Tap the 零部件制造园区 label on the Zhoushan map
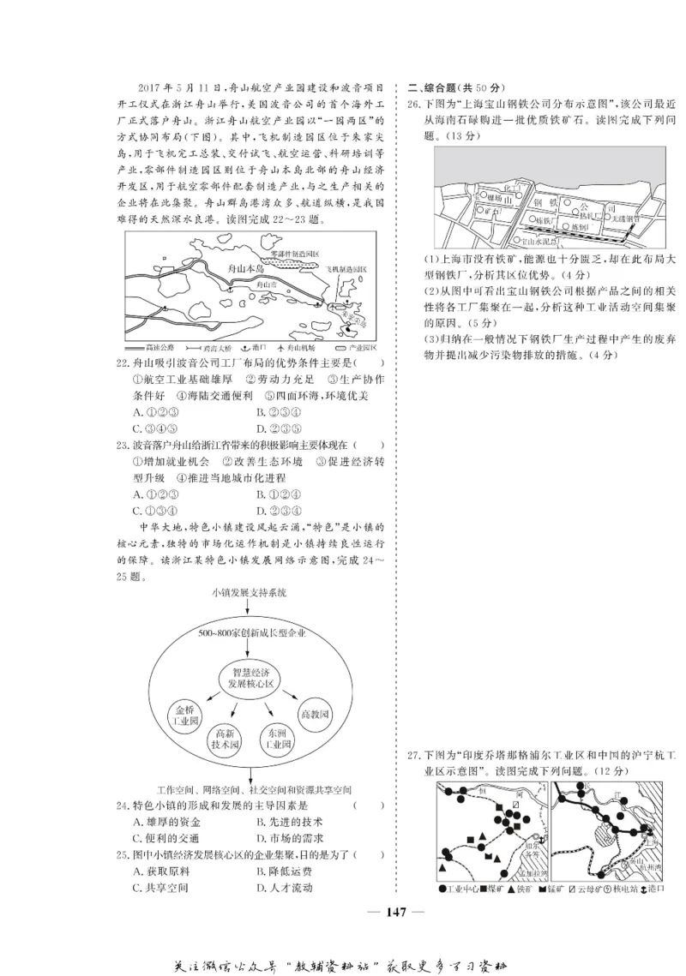(294, 254)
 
